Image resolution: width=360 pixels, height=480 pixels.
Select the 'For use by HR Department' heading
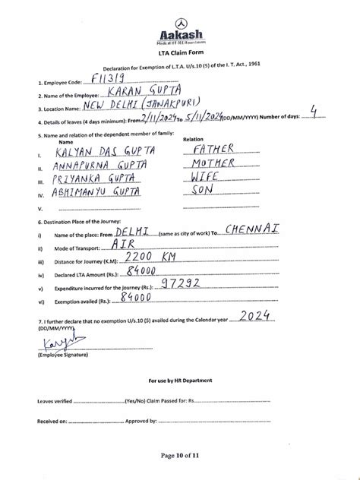(180, 380)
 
